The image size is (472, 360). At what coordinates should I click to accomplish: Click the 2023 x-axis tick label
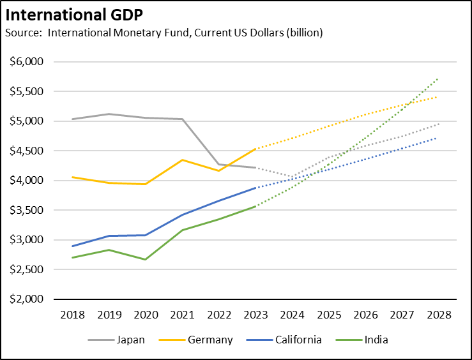(x=255, y=315)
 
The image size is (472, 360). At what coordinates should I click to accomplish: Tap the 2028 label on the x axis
(x=438, y=315)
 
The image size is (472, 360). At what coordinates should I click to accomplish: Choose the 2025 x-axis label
(x=328, y=315)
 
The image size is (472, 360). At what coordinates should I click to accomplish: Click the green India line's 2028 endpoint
(x=438, y=79)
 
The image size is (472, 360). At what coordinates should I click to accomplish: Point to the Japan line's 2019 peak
(x=109, y=114)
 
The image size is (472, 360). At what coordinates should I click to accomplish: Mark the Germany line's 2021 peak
(x=182, y=160)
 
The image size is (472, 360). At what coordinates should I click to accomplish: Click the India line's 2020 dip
(x=145, y=259)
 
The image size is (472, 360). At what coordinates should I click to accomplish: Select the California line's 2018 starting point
(x=72, y=246)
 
